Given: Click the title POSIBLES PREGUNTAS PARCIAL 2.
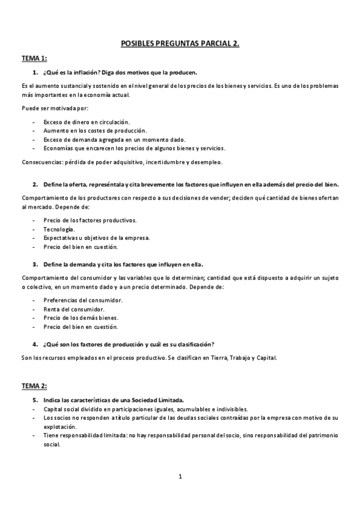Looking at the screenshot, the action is point(180,43).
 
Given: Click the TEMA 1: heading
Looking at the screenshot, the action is point(34,58).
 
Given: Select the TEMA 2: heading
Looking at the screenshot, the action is point(34,386).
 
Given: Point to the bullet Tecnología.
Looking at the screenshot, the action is point(59,229).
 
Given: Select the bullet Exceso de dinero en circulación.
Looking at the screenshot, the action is point(86,121).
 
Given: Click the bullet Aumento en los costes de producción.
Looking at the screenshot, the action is point(94,131).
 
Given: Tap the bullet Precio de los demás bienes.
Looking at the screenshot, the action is point(81,318).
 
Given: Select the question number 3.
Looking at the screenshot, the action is point(35,263).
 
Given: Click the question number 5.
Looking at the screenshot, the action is point(35,399).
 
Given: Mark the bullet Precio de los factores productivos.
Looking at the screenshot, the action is point(90,220).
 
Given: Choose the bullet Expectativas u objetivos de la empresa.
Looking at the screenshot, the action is point(96,238).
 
